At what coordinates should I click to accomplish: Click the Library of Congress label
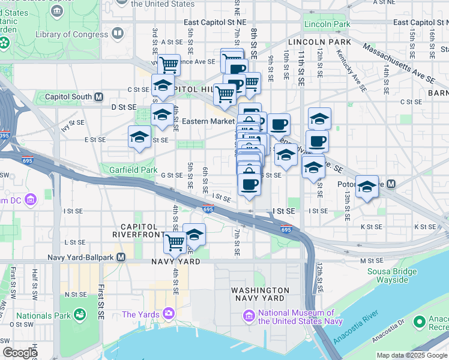tap(72, 34)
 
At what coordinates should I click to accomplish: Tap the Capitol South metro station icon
tap(99, 97)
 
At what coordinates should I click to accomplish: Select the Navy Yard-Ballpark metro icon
tap(121, 257)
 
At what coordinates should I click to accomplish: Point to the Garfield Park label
tap(133, 170)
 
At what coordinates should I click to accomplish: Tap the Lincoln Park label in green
tap(327, 25)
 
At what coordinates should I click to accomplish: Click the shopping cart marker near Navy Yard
tap(175, 242)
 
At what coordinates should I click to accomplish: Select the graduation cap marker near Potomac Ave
tap(366, 186)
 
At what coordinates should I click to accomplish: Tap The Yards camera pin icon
tap(168, 314)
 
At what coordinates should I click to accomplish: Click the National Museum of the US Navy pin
tap(249, 316)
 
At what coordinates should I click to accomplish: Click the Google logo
tap(19, 353)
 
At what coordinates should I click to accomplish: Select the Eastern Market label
tap(208, 121)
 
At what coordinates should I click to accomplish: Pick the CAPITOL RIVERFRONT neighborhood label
tap(139, 231)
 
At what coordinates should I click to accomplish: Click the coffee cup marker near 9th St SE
tap(279, 124)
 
